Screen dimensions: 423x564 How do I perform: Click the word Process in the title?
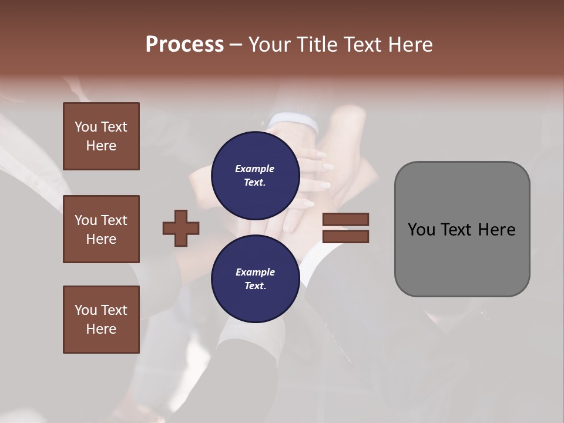[184, 45]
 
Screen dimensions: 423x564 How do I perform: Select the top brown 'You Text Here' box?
[101, 136]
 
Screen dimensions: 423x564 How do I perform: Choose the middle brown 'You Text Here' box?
[101, 229]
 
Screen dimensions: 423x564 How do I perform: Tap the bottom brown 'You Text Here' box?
[101, 320]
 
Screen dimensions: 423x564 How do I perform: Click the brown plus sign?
[181, 228]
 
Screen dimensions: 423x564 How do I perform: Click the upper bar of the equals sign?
[345, 220]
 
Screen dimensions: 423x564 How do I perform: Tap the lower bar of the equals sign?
[345, 237]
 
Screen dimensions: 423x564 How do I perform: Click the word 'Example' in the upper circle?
[255, 169]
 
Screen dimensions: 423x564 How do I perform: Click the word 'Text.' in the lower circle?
[255, 286]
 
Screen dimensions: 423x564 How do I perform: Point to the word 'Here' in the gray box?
[496, 230]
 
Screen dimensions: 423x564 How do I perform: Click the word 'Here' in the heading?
[410, 45]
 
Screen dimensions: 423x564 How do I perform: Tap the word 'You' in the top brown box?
[85, 127]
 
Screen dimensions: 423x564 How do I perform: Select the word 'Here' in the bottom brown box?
[101, 329]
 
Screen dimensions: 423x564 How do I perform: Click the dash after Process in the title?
[236, 45]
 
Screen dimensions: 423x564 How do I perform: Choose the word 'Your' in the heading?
[271, 45]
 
